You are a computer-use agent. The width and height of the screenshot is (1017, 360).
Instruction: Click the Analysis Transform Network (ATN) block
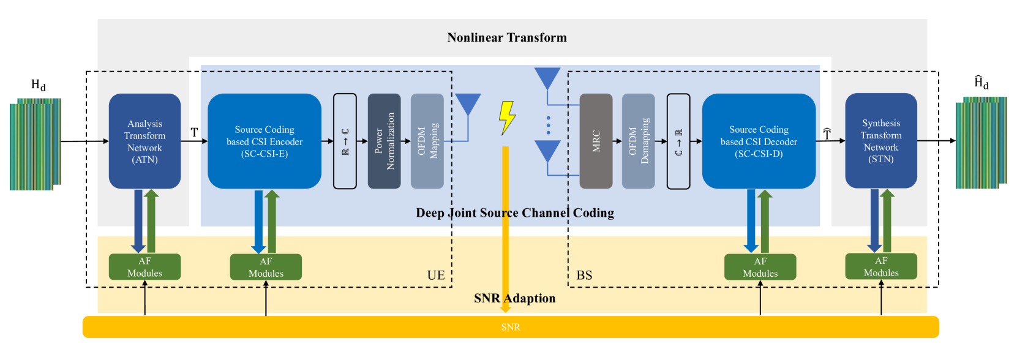click(145, 141)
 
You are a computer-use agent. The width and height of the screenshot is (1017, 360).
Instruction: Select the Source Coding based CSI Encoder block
click(265, 141)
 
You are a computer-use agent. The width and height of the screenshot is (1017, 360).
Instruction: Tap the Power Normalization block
click(384, 141)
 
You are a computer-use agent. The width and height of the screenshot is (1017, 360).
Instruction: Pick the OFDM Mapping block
click(427, 141)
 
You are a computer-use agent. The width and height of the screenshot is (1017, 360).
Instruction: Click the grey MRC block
click(596, 141)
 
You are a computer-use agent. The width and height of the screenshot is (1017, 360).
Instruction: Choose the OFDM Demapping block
click(639, 141)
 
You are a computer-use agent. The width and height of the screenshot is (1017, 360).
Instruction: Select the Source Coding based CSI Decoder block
click(759, 141)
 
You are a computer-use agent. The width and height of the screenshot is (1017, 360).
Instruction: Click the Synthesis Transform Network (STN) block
click(881, 141)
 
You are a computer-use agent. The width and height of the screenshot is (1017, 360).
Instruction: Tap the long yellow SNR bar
click(511, 327)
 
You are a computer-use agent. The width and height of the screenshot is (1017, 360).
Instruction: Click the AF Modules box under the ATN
click(145, 267)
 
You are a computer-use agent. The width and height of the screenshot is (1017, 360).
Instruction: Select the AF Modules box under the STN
click(881, 266)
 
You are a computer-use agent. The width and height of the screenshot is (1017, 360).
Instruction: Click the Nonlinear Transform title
click(507, 37)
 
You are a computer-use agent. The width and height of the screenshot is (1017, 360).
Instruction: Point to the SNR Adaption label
click(515, 298)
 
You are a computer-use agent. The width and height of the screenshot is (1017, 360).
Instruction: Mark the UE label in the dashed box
click(436, 275)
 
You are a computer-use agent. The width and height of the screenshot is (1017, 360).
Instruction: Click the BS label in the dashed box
click(584, 275)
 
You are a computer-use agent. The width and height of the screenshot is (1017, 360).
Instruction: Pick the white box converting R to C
click(345, 141)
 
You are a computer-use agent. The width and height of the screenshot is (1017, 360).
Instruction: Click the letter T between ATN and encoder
click(194, 133)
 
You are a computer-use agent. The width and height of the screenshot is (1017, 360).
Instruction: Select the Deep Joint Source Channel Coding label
click(515, 213)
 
